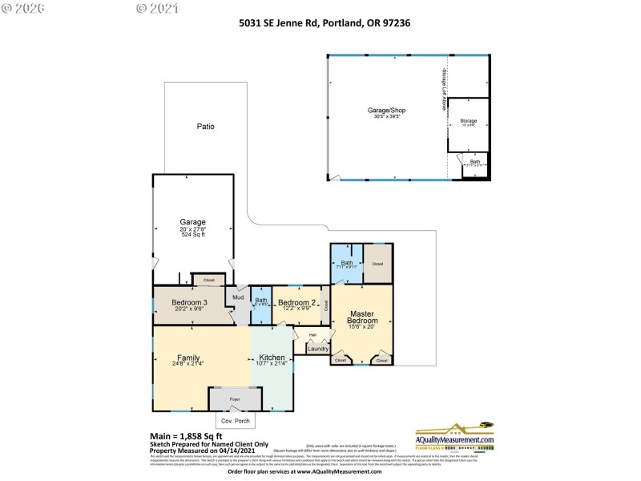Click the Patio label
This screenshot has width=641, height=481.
coord(206,127)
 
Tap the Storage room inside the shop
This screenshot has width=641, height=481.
coord(468,123)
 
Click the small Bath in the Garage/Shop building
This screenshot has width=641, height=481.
coord(475,163)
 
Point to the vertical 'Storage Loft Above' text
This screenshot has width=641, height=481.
coord(441,89)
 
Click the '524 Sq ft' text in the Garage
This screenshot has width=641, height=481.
coord(193,235)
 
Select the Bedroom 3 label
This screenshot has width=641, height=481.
coord(189,302)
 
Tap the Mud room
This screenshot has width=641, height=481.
coord(238,298)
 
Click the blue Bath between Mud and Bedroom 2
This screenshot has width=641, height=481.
coord(261,302)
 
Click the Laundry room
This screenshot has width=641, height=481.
coord(318,349)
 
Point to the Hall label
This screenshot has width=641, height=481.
coord(312,335)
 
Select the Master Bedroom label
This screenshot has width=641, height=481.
coord(362,317)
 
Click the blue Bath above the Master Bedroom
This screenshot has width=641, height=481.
coord(347,265)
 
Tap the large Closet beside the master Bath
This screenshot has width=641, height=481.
coord(377,264)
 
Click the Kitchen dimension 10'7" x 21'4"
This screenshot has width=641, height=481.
coord(272,364)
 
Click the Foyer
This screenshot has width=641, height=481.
coord(235,399)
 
